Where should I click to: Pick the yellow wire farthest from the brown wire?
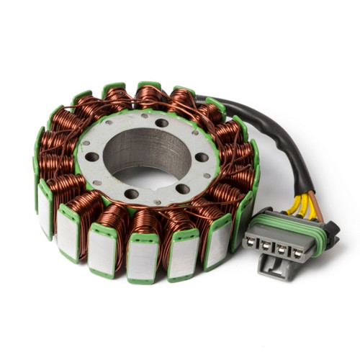tap(293, 205)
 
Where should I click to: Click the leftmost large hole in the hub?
tap(92, 156)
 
